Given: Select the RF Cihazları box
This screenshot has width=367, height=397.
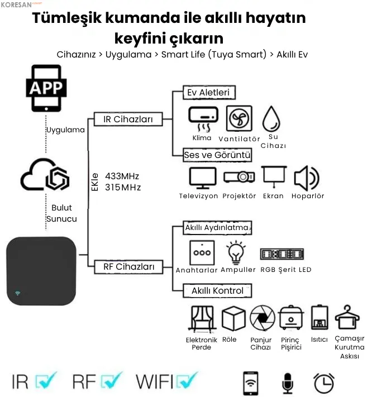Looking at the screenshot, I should tap(129, 267).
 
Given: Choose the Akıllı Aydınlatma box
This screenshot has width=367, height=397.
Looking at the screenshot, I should tap(217, 228).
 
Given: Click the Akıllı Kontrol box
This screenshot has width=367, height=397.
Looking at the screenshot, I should tap(217, 291).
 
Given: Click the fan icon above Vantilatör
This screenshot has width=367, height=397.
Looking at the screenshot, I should tap(239, 118).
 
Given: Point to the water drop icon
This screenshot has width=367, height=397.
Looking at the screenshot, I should tap(272, 119).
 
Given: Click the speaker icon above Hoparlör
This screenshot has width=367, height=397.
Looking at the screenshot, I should tap(306, 178).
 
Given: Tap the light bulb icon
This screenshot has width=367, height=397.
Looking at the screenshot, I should tap(235, 252).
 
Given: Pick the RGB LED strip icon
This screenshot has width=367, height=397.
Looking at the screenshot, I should tap(283, 254).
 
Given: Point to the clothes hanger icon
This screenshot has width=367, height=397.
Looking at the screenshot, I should tap(347, 318).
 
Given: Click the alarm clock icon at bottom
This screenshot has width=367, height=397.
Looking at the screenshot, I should tap(324, 382).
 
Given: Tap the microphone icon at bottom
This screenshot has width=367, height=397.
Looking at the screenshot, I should tap(288, 383).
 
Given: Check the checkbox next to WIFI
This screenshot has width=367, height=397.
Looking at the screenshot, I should tap(187, 381).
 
